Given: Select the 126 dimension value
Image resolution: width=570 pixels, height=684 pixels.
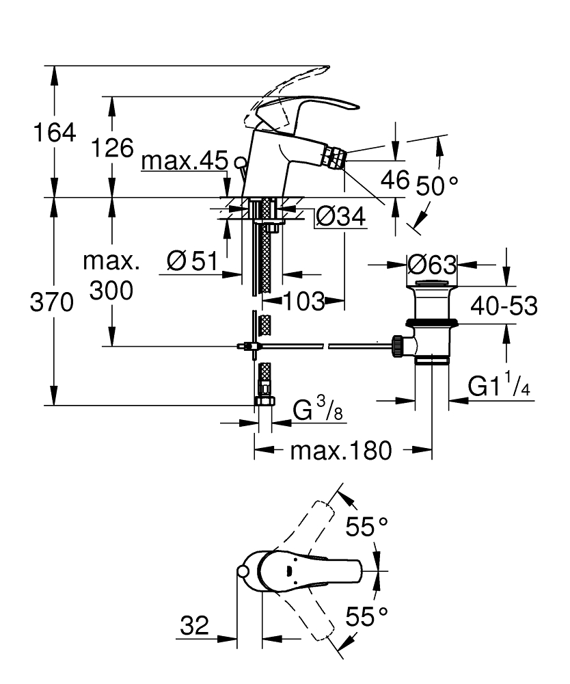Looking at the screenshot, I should tap(113, 147).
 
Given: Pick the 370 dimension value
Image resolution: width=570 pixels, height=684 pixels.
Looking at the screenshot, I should tap(52, 302).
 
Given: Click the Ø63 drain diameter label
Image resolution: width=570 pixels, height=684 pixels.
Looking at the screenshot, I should tap(431, 264).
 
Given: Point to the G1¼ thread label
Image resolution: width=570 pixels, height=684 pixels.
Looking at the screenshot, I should tap(500, 387).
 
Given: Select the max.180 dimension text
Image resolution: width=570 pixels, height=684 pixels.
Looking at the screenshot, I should tap(341, 451).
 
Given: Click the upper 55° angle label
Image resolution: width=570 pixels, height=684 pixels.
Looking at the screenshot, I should tap(366, 527).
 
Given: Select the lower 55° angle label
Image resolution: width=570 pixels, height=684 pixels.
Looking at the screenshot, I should tap(366, 617).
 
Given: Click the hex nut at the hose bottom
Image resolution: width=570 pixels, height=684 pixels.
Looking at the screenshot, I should tap(264, 402).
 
